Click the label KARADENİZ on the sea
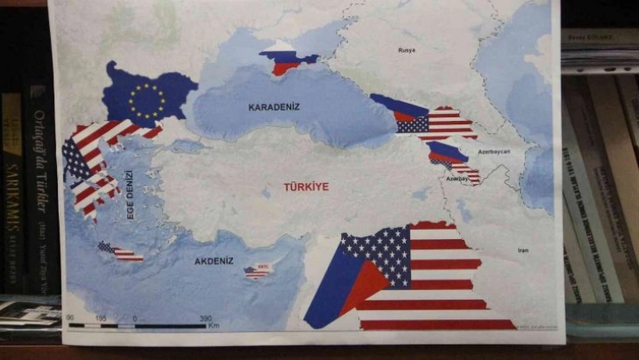[x=274, y=107]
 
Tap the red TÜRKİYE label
[x=307, y=186]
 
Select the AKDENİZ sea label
[x=215, y=259]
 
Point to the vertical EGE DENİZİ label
[x=132, y=194]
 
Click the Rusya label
[x=406, y=49]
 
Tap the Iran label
[x=522, y=250]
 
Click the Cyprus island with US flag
[x=256, y=271]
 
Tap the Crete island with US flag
[x=120, y=251]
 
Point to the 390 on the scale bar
[x=206, y=319]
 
